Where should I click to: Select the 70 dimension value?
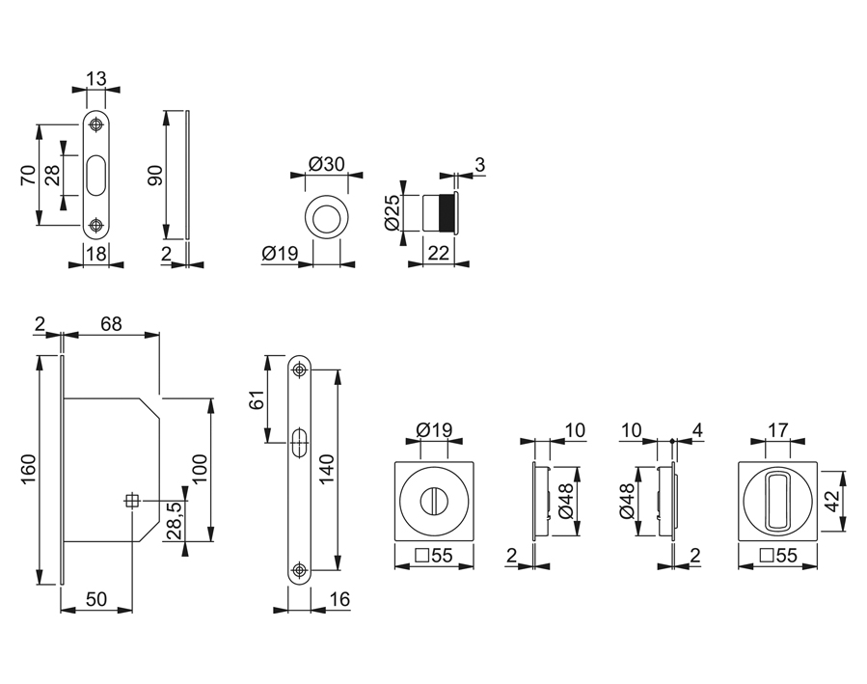click(28, 176)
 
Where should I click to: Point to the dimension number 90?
click(152, 177)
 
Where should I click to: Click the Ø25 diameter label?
click(392, 211)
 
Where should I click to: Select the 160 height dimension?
click(26, 470)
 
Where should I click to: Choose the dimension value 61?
click(257, 400)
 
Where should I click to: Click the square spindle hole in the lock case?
click(132, 500)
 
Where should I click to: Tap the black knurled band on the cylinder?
click(446, 212)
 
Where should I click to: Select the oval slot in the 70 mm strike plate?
click(95, 175)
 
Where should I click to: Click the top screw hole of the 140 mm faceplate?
click(300, 369)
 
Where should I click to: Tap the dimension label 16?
click(339, 600)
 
